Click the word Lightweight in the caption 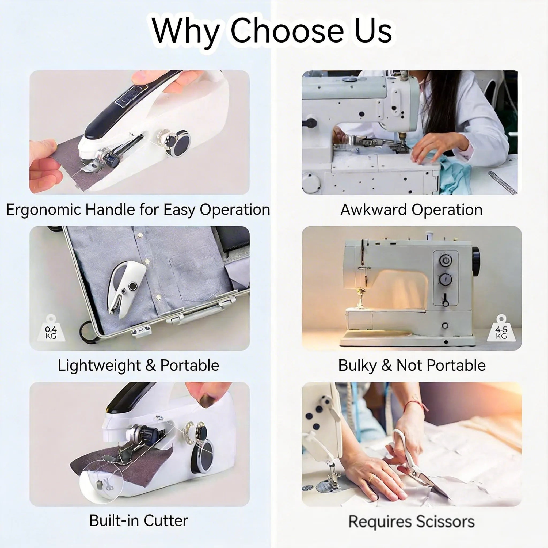(99, 365)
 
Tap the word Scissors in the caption (446, 522)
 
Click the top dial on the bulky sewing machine (445, 260)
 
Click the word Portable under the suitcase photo (189, 365)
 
